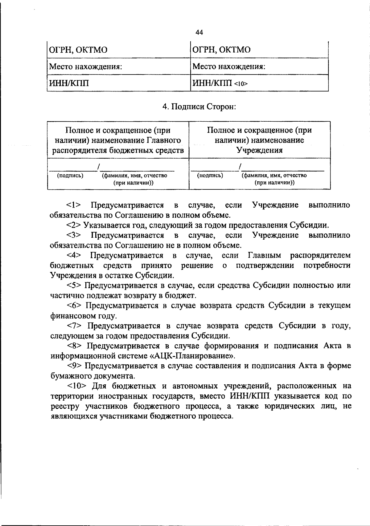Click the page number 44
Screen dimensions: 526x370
199,32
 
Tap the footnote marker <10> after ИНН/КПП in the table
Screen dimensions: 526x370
241,83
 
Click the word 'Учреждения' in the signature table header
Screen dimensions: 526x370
259,150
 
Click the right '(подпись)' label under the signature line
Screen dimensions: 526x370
210,176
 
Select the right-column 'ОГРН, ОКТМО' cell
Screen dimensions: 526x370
221,49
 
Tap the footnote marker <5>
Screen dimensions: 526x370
74,285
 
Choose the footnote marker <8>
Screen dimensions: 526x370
74,346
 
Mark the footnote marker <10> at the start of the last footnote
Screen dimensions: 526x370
76,386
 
